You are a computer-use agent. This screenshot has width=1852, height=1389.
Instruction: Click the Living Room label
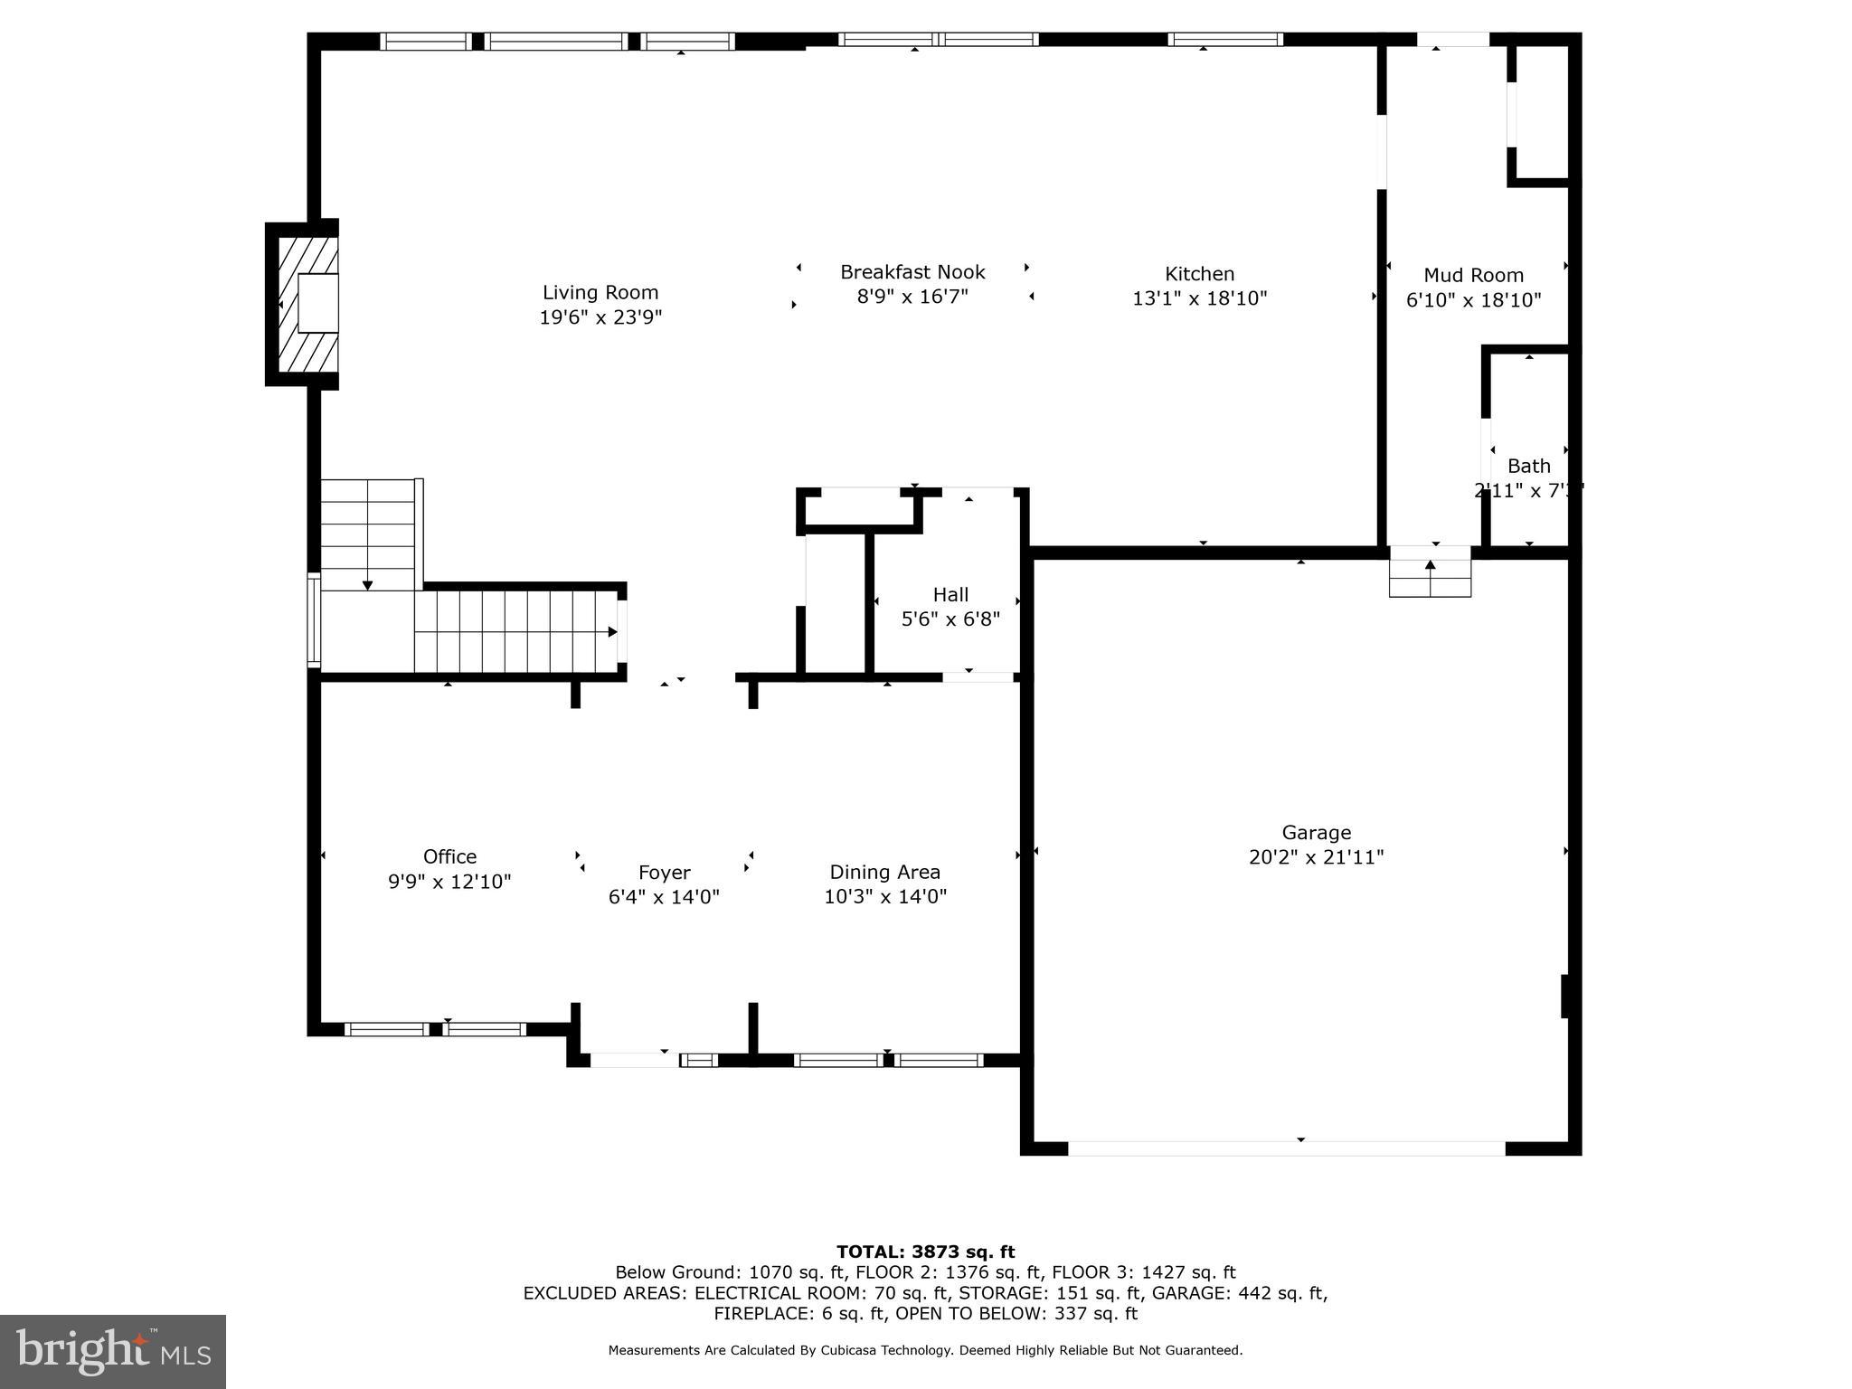click(600, 292)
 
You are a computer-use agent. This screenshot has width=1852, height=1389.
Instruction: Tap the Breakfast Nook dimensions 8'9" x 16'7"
click(912, 298)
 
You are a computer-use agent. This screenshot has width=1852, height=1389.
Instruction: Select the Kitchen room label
click(1199, 274)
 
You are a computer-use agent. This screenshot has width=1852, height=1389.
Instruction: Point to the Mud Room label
click(1473, 276)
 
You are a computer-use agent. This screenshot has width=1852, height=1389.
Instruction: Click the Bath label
click(1528, 467)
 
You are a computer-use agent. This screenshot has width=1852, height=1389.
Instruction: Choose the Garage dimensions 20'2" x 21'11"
click(1316, 857)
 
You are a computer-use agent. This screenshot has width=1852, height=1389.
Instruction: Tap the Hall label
click(950, 595)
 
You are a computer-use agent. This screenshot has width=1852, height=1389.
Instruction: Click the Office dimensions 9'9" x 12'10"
click(449, 882)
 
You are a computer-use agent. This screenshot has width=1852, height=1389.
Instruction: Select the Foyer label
click(664, 873)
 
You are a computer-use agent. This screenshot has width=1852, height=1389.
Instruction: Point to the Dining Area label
click(884, 873)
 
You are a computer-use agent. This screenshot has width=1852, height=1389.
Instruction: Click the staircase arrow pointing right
click(612, 631)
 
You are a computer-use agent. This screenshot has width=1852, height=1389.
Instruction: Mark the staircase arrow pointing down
click(367, 585)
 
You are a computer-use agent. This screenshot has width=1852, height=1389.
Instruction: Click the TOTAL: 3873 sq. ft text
click(925, 1252)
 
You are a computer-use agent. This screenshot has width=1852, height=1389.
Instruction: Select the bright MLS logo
click(113, 1352)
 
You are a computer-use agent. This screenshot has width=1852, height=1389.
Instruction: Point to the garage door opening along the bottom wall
click(1286, 1148)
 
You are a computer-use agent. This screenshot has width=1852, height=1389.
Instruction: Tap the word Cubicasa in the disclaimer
click(852, 1350)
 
